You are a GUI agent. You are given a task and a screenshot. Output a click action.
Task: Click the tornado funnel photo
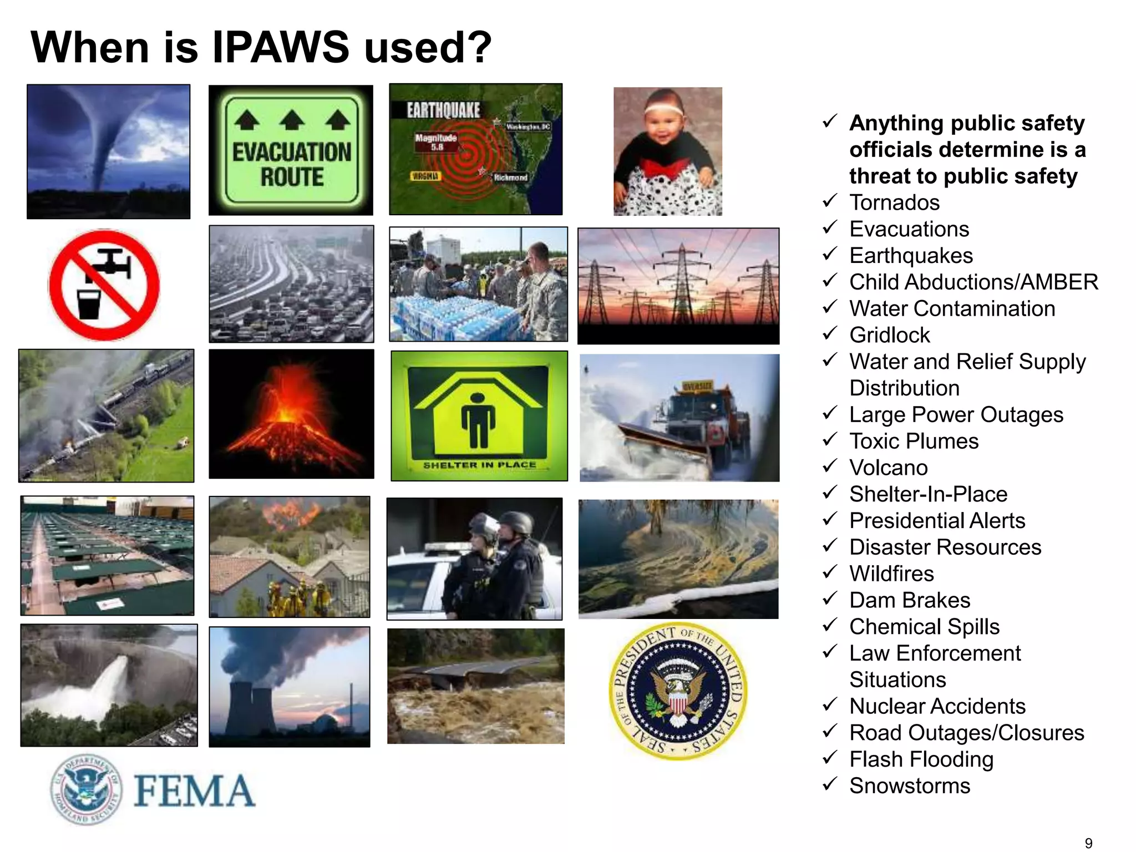[x=108, y=151]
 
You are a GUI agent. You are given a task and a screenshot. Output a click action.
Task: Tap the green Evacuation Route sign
[x=291, y=150]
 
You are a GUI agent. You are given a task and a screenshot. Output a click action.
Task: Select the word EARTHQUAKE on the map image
[x=443, y=110]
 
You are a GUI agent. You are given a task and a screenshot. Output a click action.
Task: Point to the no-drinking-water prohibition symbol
[x=104, y=285]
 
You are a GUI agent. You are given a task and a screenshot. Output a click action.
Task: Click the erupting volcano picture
[x=291, y=414]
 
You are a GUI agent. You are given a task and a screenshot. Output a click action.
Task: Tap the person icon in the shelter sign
[x=478, y=420]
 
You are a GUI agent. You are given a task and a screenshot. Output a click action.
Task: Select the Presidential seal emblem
[x=678, y=692]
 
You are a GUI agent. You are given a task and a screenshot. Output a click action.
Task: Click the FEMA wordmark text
[x=194, y=790]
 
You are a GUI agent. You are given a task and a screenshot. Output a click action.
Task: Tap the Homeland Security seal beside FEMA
[x=86, y=789]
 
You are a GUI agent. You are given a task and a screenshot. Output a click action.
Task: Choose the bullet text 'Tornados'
[x=894, y=202]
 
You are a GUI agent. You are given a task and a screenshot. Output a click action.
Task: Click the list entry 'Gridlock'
[x=889, y=335]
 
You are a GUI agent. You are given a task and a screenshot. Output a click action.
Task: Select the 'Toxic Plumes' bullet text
[x=914, y=441]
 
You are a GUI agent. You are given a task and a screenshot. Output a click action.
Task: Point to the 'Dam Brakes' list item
[x=910, y=600]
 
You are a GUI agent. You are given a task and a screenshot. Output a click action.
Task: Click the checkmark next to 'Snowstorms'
[x=830, y=784]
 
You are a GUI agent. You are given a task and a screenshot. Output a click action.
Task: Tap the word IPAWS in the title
[x=281, y=47]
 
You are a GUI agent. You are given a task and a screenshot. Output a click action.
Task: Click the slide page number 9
[x=1088, y=843]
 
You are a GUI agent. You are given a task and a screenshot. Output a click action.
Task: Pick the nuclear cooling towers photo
[x=290, y=687]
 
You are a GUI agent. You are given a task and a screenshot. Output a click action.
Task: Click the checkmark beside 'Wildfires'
[x=830, y=572]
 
